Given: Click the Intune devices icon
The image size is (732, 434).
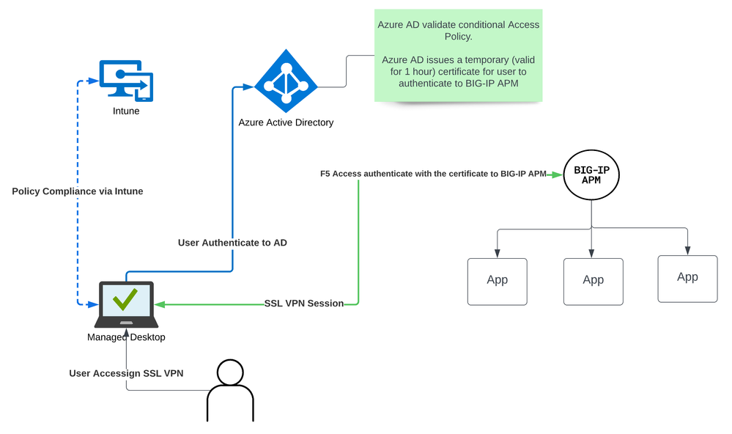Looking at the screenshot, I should coord(126,81).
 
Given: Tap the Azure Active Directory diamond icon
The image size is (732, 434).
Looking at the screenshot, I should coord(285,79).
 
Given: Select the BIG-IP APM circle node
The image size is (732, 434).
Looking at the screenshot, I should coord(591,175).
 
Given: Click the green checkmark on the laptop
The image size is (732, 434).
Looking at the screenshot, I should coord(126,301).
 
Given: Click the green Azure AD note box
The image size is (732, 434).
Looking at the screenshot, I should coord(459,55).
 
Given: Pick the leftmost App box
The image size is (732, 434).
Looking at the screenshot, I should coord(497,281).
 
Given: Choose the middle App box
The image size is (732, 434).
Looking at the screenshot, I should coord(593,281).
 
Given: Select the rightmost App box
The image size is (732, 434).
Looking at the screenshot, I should coord(687,278).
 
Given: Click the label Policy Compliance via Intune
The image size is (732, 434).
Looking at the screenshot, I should coord(78,191).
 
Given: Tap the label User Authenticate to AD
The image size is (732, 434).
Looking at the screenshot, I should coord(232,243).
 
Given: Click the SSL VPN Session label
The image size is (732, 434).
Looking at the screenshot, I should coord(304,304).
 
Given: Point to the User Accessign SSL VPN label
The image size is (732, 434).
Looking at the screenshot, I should coord(126,373).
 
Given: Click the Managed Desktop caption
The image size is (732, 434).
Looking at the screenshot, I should coord(126,337).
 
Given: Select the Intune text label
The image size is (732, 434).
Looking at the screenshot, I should coord(126,111).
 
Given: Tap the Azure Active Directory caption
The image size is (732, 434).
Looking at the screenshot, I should coord(286,122).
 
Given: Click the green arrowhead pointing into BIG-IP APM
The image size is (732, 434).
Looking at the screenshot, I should coord(558,174).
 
